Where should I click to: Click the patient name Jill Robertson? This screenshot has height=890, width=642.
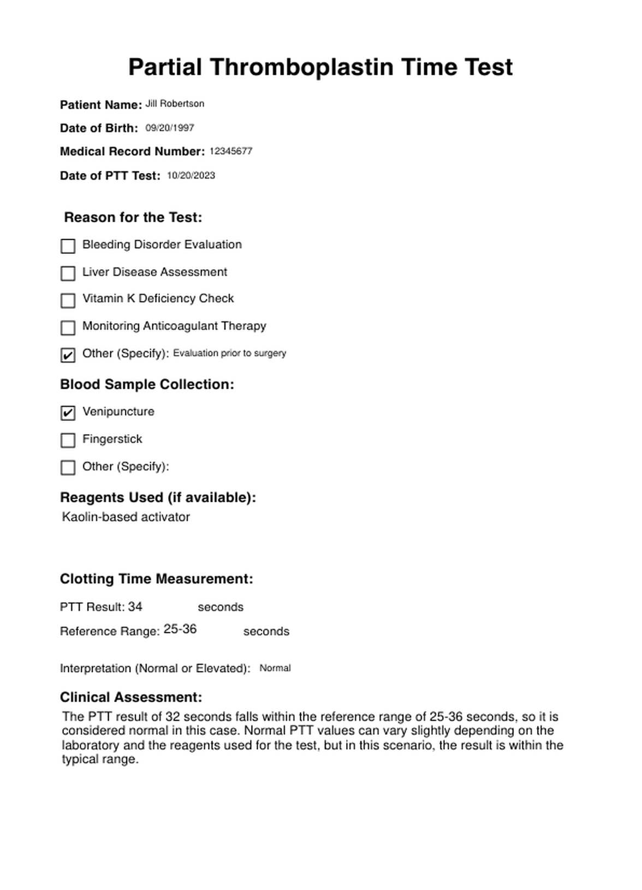(175, 104)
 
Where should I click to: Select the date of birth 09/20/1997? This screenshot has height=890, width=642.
(170, 128)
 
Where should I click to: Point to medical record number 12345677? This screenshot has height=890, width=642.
(231, 151)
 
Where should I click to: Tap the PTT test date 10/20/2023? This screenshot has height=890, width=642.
(191, 175)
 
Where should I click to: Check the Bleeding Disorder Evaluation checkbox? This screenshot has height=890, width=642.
(68, 246)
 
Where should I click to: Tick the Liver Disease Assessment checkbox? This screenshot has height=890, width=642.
(68, 273)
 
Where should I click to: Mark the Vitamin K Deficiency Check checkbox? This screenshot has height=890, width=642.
(68, 300)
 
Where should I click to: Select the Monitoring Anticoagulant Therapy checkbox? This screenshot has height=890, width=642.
(68, 328)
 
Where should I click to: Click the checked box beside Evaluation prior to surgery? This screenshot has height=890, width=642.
(68, 355)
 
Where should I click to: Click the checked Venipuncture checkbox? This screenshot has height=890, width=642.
(68, 413)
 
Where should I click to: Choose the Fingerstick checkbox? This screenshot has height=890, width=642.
(68, 440)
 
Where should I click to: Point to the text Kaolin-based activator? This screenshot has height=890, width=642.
(126, 517)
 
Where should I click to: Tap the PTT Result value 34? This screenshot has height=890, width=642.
(135, 607)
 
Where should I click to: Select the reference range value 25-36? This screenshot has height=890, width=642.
(180, 629)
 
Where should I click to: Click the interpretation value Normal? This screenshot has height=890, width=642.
(275, 668)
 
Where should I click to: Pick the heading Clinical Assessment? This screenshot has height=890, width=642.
(131, 697)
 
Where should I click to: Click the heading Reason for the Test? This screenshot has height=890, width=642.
(133, 217)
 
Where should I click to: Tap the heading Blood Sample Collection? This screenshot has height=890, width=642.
(147, 384)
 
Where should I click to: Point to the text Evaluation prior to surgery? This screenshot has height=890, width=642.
(230, 353)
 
